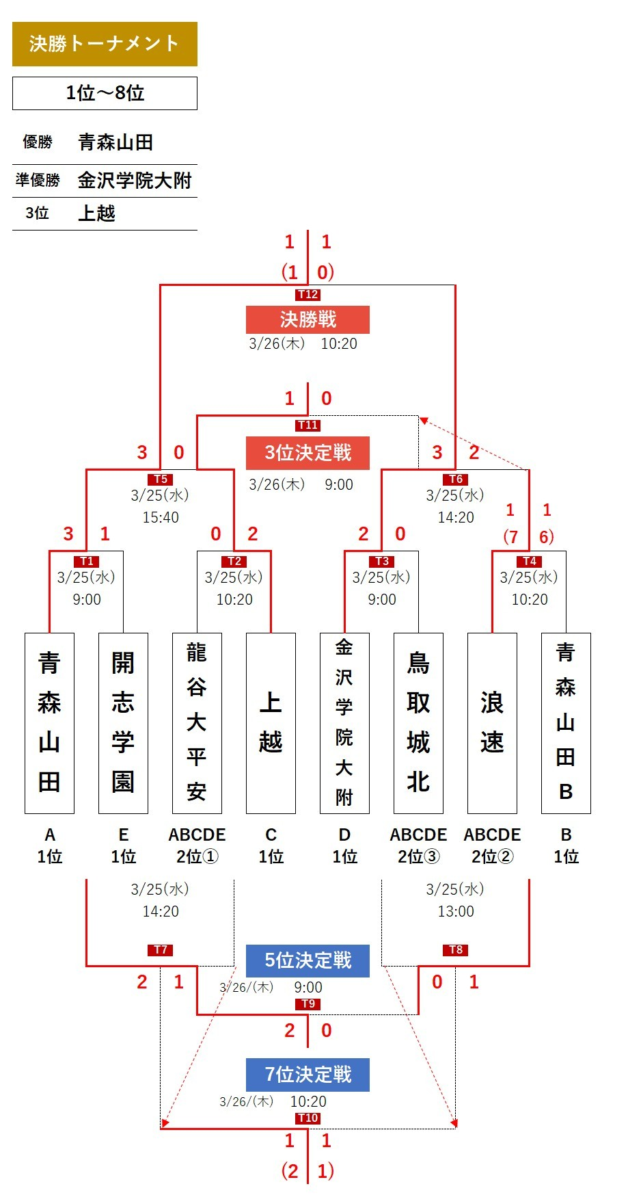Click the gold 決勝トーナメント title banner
click(x=105, y=44)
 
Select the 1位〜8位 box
click(x=105, y=93)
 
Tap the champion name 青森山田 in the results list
click(x=115, y=142)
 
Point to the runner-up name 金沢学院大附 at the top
click(x=135, y=181)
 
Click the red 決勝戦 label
click(x=308, y=319)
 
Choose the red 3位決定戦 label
click(x=308, y=453)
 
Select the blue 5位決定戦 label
click(x=308, y=960)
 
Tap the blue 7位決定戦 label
click(x=308, y=1075)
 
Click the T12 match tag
click(x=308, y=295)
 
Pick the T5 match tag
click(x=161, y=480)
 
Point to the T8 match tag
click(x=456, y=949)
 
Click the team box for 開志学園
click(x=123, y=723)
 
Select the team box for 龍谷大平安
click(x=197, y=723)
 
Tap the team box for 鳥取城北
click(x=418, y=723)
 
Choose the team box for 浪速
click(x=492, y=723)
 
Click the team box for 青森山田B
click(x=566, y=723)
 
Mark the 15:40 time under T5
click(x=161, y=518)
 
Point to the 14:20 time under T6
click(x=456, y=518)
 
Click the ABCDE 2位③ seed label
click(x=418, y=845)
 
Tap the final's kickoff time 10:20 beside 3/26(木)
click(x=339, y=344)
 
